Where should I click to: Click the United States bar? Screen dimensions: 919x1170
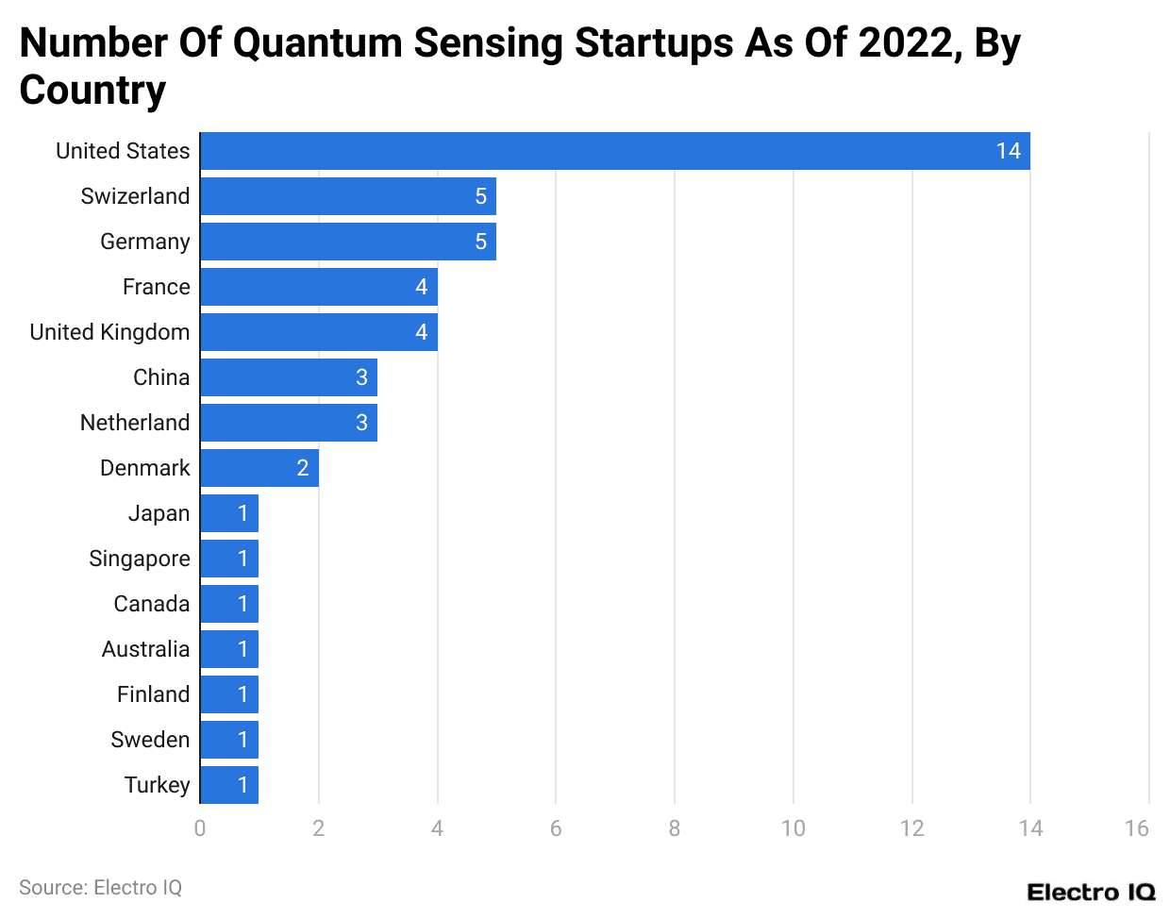click(x=614, y=151)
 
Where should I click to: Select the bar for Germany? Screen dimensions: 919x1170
click(x=347, y=242)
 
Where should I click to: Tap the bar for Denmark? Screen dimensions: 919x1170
click(x=259, y=468)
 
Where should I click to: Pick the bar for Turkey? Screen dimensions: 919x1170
click(x=228, y=785)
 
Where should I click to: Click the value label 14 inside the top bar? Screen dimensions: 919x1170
click(x=1008, y=151)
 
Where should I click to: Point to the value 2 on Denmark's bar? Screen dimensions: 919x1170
click(x=303, y=468)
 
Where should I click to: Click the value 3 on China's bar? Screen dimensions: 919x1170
click(x=361, y=377)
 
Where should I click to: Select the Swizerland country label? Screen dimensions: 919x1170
click(x=135, y=196)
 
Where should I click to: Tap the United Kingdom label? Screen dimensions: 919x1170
click(x=109, y=332)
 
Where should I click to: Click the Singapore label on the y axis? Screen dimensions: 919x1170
click(x=139, y=559)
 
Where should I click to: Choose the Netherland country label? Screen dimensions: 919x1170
click(x=135, y=423)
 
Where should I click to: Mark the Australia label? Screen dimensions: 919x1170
click(x=145, y=649)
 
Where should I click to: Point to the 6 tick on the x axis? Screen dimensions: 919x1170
click(x=556, y=828)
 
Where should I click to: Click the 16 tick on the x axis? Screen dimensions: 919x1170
click(x=1136, y=828)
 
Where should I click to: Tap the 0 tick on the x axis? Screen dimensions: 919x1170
click(x=200, y=828)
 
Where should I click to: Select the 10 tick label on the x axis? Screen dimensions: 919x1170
click(x=793, y=828)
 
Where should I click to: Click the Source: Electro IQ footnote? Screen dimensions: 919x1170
click(x=100, y=888)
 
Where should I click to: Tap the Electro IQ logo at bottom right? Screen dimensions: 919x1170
click(x=1091, y=893)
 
